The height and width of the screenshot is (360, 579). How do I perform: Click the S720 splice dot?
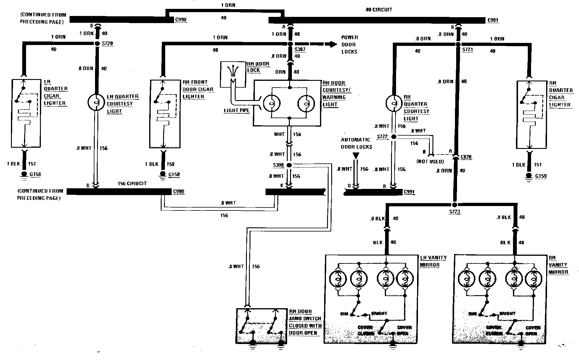tap(98, 44)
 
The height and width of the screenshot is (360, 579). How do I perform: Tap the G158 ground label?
tap(35, 174)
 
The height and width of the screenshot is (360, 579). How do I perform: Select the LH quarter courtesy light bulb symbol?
tap(96, 102)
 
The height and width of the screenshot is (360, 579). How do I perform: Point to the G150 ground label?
tap(174, 175)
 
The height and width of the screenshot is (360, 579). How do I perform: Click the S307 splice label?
tap(300, 50)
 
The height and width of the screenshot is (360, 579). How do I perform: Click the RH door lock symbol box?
tap(233, 74)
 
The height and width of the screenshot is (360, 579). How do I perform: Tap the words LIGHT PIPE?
tap(237, 111)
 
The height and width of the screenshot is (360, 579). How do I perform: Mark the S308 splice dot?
tap(289, 165)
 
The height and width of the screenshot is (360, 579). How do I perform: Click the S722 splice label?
tap(382, 137)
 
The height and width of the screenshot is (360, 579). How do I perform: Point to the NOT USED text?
tap(430, 162)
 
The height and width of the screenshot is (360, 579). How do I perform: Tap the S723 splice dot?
tap(455, 205)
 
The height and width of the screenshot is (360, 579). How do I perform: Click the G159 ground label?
tap(541, 176)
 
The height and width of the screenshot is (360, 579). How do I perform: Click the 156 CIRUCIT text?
tap(132, 184)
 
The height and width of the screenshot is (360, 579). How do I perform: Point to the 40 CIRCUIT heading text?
tap(379, 10)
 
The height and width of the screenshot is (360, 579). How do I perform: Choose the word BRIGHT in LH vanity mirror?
tap(379, 314)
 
